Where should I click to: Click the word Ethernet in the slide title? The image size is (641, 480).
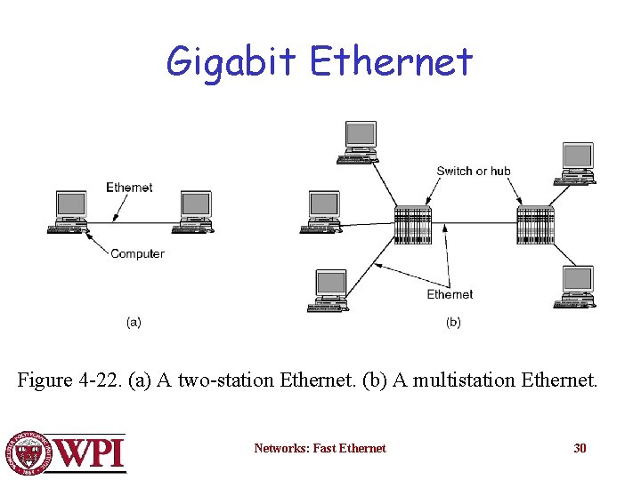tap(391, 60)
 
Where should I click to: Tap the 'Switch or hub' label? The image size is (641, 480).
tap(474, 171)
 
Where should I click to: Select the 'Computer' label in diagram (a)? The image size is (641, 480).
tap(137, 253)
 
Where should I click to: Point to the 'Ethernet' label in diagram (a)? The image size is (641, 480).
tap(129, 188)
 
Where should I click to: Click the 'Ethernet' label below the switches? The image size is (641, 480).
tap(450, 294)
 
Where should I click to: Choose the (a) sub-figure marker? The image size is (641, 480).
tap(134, 322)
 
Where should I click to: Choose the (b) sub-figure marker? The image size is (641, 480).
tap(453, 322)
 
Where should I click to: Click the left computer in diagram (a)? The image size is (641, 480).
tap(70, 212)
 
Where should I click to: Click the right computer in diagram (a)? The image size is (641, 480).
tap(194, 212)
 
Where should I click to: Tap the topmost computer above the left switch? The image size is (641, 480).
tap(360, 143)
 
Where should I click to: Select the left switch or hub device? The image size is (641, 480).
tap(412, 225)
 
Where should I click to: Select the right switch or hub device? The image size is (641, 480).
tap(535, 225)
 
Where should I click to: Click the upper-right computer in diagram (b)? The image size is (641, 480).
tap(577, 164)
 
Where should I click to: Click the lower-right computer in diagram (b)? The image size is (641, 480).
tap(576, 287)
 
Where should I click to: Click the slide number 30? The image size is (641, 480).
tap(580, 448)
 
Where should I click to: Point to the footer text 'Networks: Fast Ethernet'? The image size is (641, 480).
tap(320, 448)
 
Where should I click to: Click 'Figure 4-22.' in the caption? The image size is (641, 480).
tap(70, 380)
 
